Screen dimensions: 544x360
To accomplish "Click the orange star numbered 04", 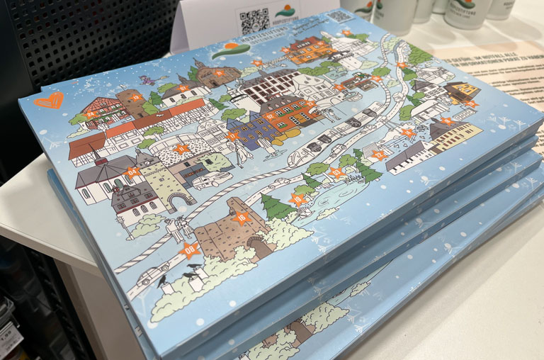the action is click(132, 171).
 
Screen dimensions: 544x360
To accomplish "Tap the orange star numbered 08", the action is click(189, 249).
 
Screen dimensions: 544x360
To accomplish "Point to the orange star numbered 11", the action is click(183, 149).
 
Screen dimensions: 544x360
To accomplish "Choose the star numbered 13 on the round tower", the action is click(136, 98).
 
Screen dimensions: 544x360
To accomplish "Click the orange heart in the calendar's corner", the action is click(48, 100).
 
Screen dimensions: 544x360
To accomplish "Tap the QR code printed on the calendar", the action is click(340, 16).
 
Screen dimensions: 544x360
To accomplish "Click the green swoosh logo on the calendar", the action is click(231, 50).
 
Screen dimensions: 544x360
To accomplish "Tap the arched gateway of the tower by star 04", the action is click(176, 199).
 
